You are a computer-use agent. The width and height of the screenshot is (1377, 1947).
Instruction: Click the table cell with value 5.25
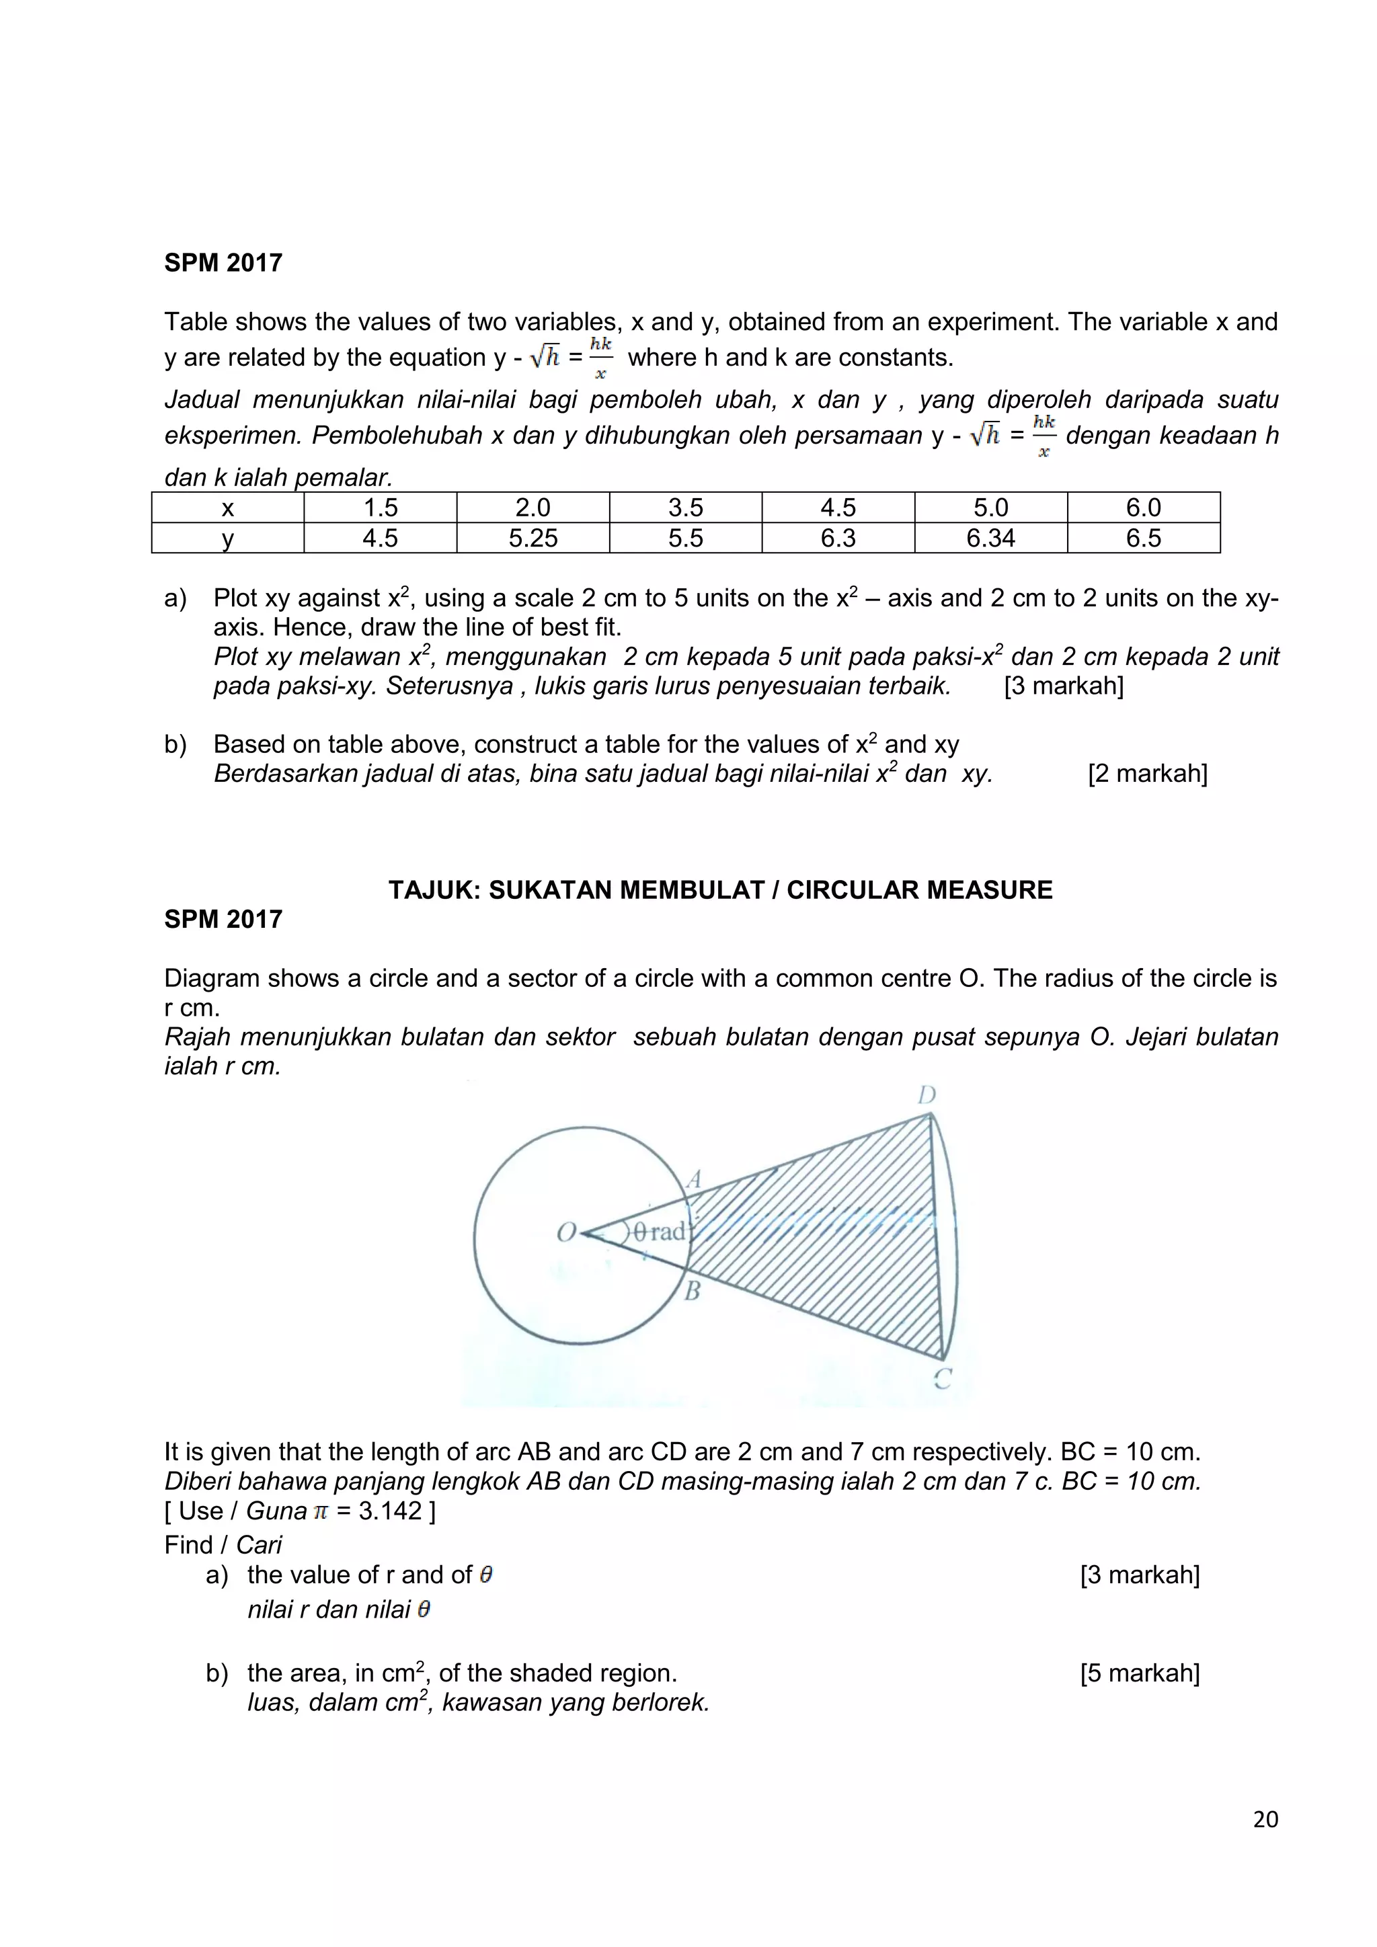[533, 538]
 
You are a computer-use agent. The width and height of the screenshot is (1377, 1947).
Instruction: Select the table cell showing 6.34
[990, 538]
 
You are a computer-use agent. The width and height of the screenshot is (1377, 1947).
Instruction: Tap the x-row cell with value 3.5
[685, 507]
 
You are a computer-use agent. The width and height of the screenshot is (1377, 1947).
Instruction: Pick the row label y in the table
[227, 538]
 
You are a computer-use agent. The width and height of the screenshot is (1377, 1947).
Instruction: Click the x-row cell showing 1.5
[380, 507]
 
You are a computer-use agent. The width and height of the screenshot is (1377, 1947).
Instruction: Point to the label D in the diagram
[927, 1096]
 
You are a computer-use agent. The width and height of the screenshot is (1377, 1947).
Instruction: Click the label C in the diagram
[942, 1379]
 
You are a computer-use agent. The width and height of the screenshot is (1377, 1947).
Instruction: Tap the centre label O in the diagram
[565, 1232]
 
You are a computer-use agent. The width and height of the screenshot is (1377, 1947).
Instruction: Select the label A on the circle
[695, 1179]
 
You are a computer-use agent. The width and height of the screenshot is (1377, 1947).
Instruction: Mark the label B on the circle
[693, 1292]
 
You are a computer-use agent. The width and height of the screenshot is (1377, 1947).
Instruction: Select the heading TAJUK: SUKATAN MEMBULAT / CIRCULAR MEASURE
[720, 889]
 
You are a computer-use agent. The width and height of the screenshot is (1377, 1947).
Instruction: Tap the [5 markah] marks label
[1140, 1673]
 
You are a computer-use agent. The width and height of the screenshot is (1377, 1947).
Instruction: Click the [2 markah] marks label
[1147, 773]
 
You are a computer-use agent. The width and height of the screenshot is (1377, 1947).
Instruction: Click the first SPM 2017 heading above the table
[223, 263]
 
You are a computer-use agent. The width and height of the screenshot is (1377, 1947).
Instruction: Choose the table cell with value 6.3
[838, 538]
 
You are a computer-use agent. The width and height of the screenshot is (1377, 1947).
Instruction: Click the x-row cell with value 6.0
[1143, 507]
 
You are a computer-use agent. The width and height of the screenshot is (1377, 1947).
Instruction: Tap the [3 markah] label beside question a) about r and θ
[1140, 1575]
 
